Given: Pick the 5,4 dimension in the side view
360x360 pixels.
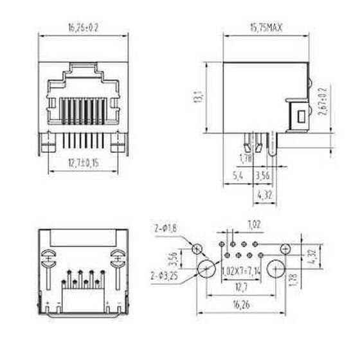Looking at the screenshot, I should click(x=237, y=175).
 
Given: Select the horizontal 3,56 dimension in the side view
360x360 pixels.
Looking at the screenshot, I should click(x=262, y=175).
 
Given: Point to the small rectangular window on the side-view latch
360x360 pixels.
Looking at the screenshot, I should click(x=300, y=117).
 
